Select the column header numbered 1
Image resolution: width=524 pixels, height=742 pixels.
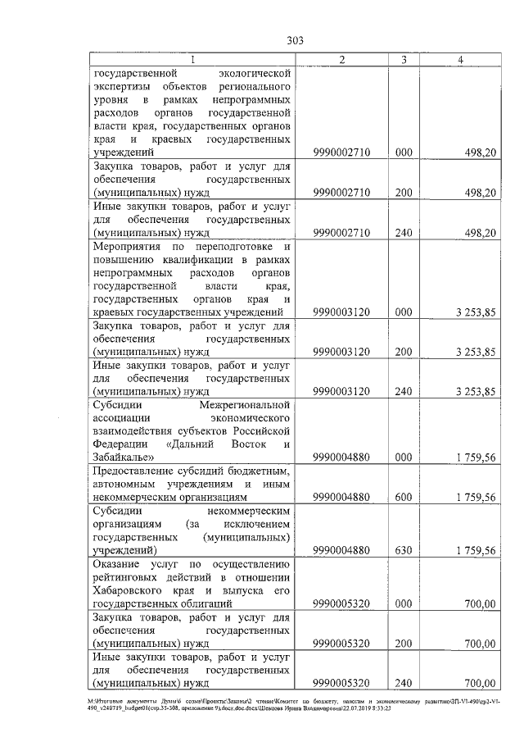pos(192,60)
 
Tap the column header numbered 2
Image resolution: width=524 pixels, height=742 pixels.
pos(342,60)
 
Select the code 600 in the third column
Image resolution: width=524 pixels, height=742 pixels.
pos(404,497)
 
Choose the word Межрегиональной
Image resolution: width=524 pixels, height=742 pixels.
pos(246,405)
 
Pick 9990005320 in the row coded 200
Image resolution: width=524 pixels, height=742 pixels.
pos(342,644)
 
